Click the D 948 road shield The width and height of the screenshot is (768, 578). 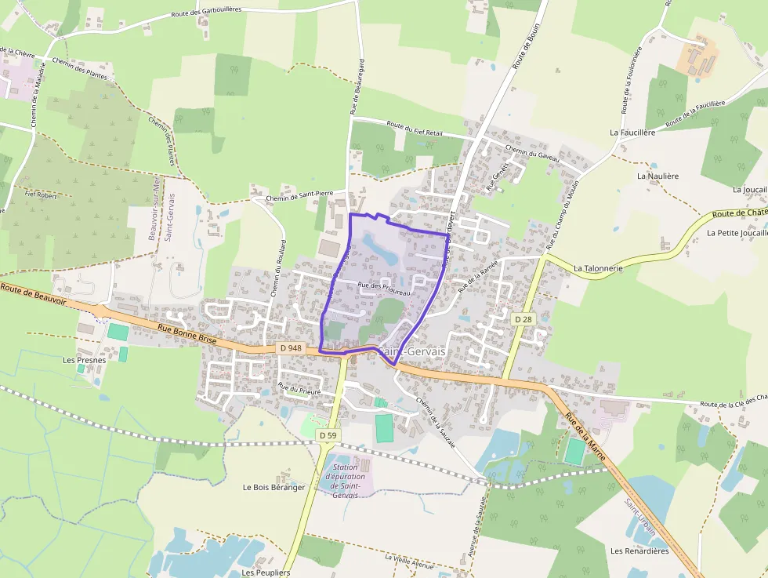click(290, 347)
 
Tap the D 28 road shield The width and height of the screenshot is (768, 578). click(523, 319)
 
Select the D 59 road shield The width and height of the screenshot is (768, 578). click(328, 434)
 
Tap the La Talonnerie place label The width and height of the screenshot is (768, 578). click(598, 268)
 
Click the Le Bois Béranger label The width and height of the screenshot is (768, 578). click(274, 487)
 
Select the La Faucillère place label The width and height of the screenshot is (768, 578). click(632, 133)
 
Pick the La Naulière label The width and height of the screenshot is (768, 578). click(657, 176)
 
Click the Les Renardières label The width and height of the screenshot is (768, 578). click(639, 551)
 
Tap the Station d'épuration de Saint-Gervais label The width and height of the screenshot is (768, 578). click(346, 481)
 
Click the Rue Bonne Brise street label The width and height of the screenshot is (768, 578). click(185, 333)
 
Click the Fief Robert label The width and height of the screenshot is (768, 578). click(42, 195)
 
